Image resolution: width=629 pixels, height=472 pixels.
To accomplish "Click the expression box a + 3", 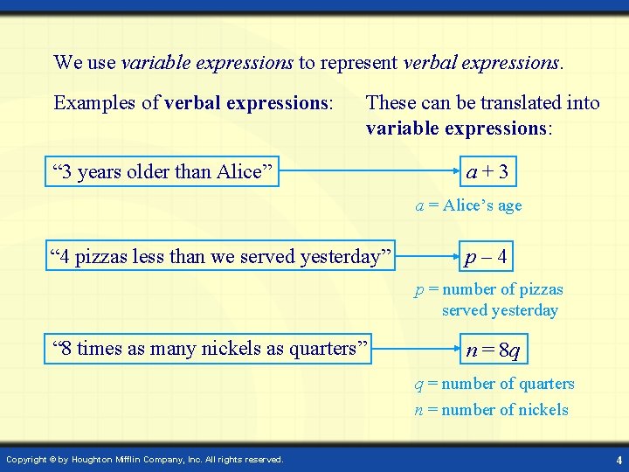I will [x=487, y=171].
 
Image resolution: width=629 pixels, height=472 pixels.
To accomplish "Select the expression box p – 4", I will [x=487, y=257].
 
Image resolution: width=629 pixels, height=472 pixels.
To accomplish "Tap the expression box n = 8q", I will [x=494, y=351].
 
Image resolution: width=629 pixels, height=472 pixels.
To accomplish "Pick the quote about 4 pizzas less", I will [x=221, y=257].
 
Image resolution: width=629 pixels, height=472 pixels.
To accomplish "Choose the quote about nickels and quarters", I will [x=211, y=348].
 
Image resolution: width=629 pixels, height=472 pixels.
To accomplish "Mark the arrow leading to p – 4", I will [x=428, y=257].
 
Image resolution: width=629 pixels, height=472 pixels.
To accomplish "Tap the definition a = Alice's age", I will [x=468, y=205].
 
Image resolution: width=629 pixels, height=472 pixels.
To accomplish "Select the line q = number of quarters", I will [x=494, y=384].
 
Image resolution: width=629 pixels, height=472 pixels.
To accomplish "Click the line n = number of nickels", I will [x=491, y=410].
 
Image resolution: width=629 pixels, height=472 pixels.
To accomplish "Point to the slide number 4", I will [x=619, y=460].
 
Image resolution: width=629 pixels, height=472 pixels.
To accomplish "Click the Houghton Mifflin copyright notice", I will [x=145, y=460].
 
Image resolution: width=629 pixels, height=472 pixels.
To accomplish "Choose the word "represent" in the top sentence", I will [x=360, y=62].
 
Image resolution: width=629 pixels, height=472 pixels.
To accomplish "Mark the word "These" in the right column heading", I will [x=391, y=103].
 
